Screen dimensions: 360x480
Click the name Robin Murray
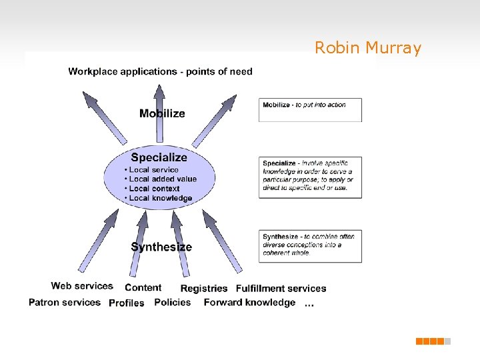pyautogui.click(x=368, y=48)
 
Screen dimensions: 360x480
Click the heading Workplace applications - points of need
pyautogui.click(x=160, y=71)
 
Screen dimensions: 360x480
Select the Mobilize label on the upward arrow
pyautogui.click(x=162, y=113)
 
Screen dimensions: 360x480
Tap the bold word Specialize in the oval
pyautogui.click(x=159, y=157)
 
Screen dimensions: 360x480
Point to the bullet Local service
pyautogui.click(x=153, y=170)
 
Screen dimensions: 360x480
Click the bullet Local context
pyautogui.click(x=154, y=189)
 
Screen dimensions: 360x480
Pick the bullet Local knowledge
pyautogui.click(x=160, y=198)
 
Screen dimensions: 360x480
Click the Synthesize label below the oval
pyautogui.click(x=161, y=247)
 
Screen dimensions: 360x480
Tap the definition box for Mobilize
pyautogui.click(x=310, y=110)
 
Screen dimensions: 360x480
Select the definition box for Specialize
pyautogui.click(x=310, y=177)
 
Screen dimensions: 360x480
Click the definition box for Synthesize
pyautogui.click(x=310, y=245)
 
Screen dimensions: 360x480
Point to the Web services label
pyautogui.click(x=82, y=286)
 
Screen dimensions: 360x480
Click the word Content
pyautogui.click(x=143, y=288)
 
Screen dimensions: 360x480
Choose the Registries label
pyautogui.click(x=204, y=289)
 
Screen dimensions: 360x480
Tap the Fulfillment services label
pyautogui.click(x=281, y=289)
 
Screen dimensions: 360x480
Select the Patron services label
pyautogui.click(x=65, y=302)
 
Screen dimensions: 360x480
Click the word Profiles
pyautogui.click(x=126, y=303)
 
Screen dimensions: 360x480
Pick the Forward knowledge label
pyautogui.click(x=249, y=303)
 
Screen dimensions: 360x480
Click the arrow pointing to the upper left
pyautogui.click(x=104, y=117)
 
